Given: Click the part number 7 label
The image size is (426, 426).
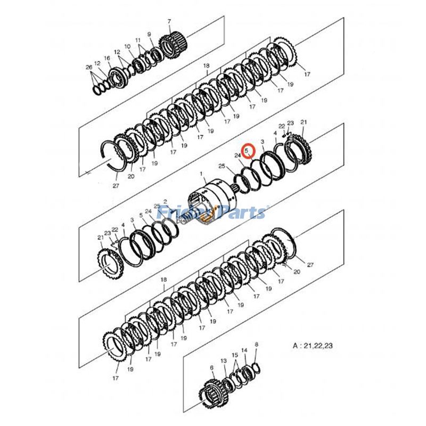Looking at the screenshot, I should coord(169,22).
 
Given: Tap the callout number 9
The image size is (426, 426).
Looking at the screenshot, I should coord(150,35).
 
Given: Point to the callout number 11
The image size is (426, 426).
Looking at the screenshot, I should coord(138,40).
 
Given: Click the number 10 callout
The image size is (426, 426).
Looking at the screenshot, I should coord(127,47).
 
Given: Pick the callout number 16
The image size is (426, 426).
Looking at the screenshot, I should coord(107,58).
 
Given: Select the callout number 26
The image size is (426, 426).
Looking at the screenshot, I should coord(89,67).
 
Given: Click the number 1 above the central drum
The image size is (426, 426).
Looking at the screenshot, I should coord(202,174).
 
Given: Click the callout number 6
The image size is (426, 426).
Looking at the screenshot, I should coord(211,367).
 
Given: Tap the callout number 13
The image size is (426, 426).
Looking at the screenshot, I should coord(224,361).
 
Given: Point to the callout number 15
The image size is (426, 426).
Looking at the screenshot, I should coord(234,355).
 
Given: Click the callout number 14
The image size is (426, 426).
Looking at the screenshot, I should coord(244,350).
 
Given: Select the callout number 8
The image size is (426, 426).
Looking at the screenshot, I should coord(256,345).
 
